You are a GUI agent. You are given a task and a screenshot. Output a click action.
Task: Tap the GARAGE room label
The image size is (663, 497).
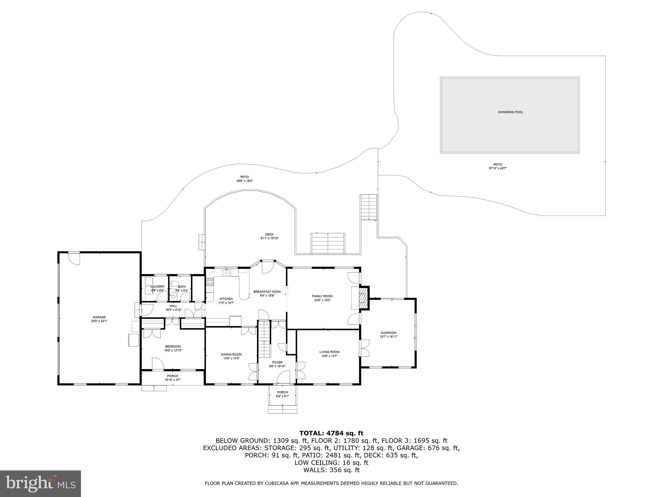point(99,317)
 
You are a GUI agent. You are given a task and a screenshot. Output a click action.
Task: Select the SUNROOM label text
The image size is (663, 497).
point(388,333)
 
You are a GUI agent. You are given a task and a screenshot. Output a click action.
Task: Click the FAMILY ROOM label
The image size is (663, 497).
point(322,296)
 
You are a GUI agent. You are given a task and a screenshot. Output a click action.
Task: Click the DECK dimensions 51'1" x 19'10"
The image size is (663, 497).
point(269,238)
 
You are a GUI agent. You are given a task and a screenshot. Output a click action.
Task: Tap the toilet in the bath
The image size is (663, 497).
point(174,284)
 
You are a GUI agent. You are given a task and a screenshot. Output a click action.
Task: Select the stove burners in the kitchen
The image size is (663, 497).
point(210,282)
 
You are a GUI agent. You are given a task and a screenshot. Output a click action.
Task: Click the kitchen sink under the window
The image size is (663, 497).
point(226,273)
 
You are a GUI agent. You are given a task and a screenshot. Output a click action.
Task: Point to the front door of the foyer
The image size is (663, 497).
point(284,378)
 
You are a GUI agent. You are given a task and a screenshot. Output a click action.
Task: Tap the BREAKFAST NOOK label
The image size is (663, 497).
point(267,292)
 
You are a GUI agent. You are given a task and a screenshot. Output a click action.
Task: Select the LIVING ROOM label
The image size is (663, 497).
point(329,352)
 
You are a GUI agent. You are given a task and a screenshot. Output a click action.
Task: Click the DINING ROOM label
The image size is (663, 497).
point(231,354)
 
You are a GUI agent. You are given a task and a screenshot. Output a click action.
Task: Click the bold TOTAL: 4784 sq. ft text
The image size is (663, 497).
point(331,433)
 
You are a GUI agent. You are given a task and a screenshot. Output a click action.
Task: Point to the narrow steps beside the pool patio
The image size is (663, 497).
point(369,207)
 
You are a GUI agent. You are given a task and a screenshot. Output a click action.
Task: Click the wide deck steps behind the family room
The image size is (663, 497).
point(328,243)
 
